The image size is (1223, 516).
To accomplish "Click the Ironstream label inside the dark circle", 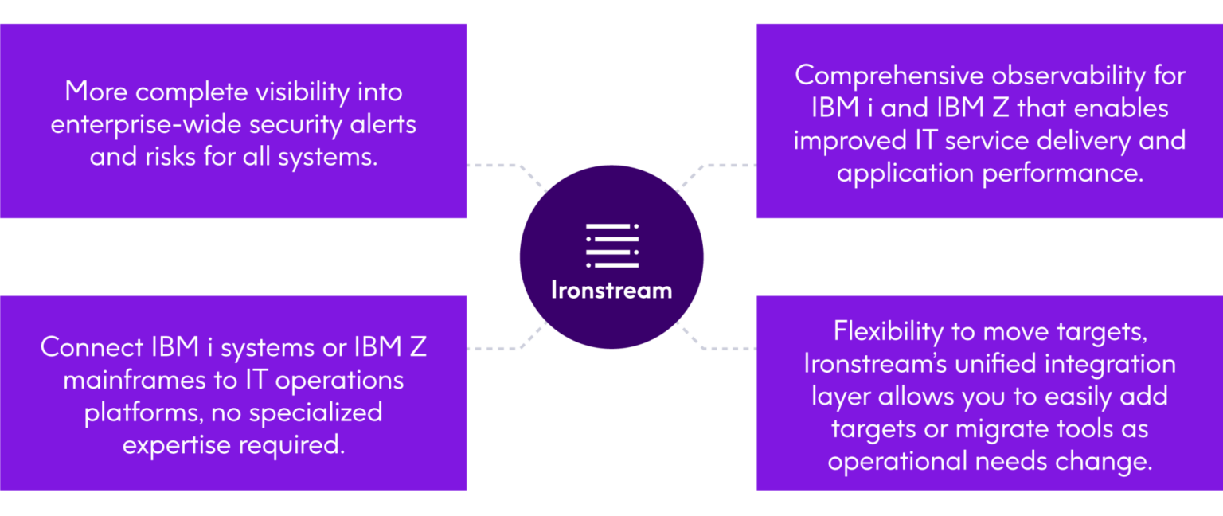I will (611, 290).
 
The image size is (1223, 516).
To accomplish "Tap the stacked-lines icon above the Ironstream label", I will (611, 245).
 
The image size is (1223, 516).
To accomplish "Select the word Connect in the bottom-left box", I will (91, 348).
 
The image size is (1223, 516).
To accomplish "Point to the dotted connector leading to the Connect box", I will (506, 346).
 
